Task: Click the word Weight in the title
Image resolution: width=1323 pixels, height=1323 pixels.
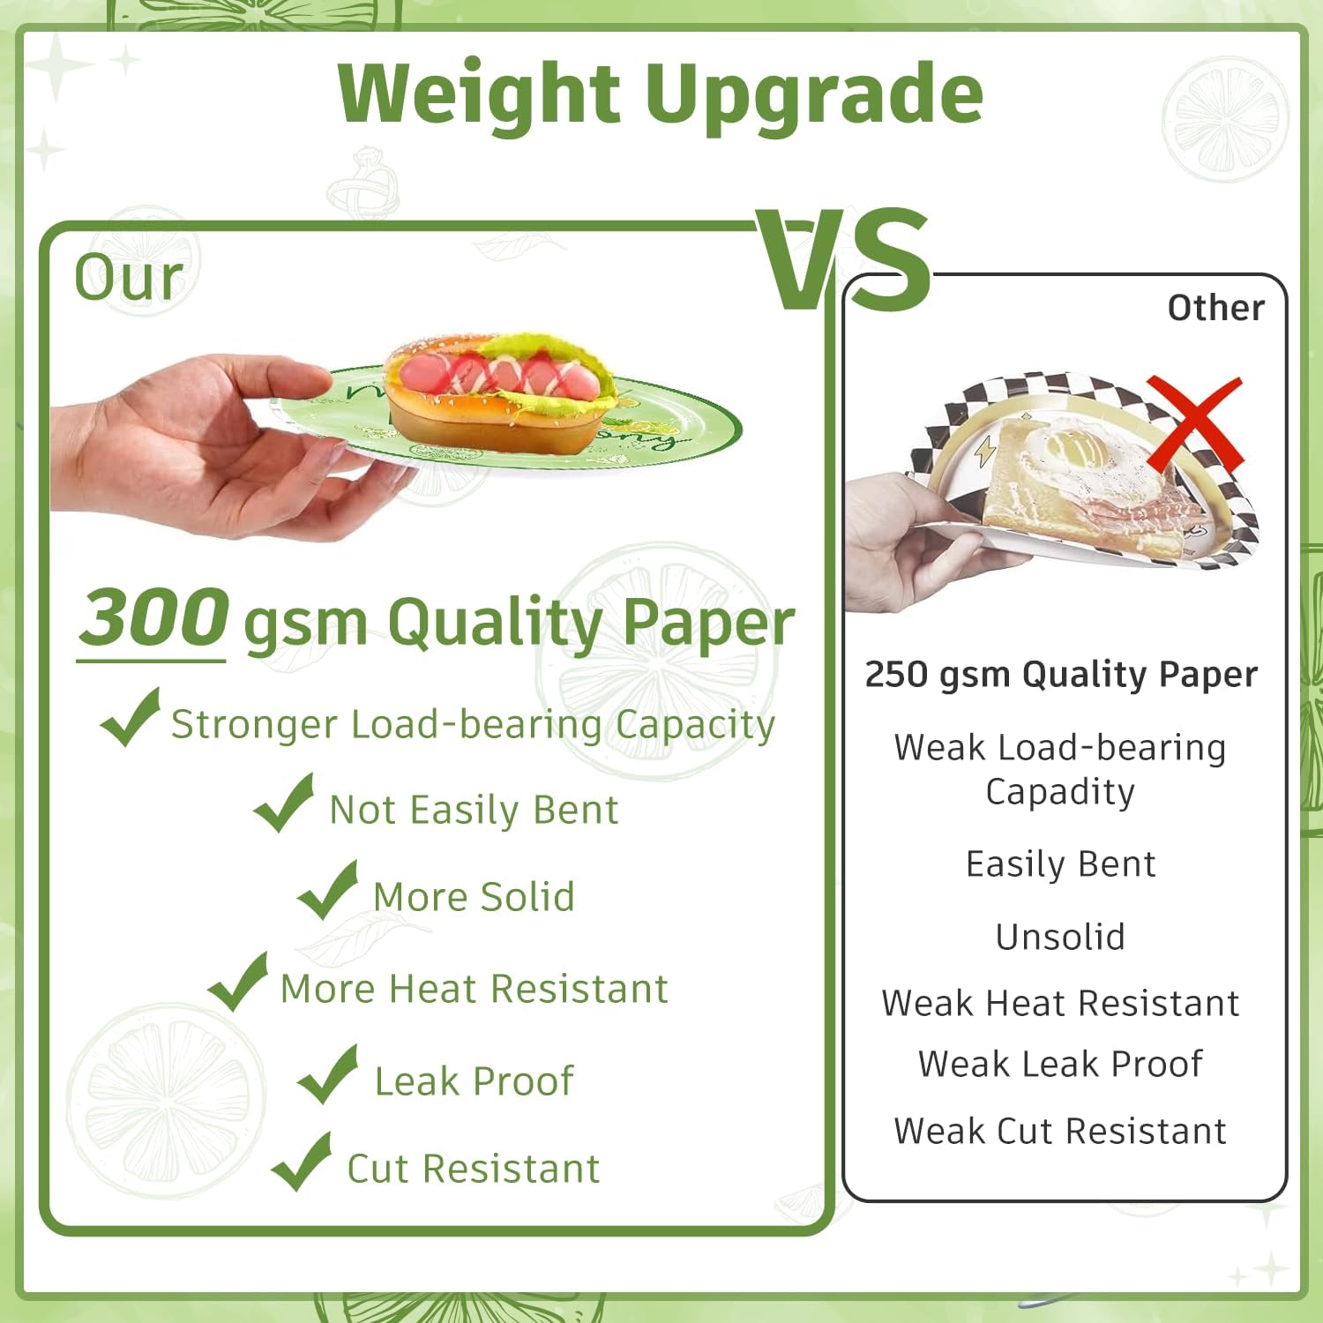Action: click(479, 95)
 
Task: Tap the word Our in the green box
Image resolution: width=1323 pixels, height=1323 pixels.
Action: click(129, 277)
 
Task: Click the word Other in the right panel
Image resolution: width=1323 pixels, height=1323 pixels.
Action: click(1215, 308)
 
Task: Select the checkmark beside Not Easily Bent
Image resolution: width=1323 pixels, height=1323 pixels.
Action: click(284, 804)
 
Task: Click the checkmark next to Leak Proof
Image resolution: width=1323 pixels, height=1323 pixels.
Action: click(328, 1074)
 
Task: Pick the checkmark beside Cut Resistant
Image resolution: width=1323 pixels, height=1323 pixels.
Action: click(302, 1162)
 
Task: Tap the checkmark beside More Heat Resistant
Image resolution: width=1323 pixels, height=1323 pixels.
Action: click(238, 982)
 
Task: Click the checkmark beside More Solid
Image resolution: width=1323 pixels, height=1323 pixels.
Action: click(328, 890)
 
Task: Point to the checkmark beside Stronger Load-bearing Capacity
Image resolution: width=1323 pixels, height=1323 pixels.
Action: click(131, 717)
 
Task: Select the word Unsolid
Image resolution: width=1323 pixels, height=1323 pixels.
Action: click(1060, 937)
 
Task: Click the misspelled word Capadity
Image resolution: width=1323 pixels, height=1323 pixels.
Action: click(1060, 792)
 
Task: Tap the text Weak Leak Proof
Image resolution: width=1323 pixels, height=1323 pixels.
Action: click(1060, 1064)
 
